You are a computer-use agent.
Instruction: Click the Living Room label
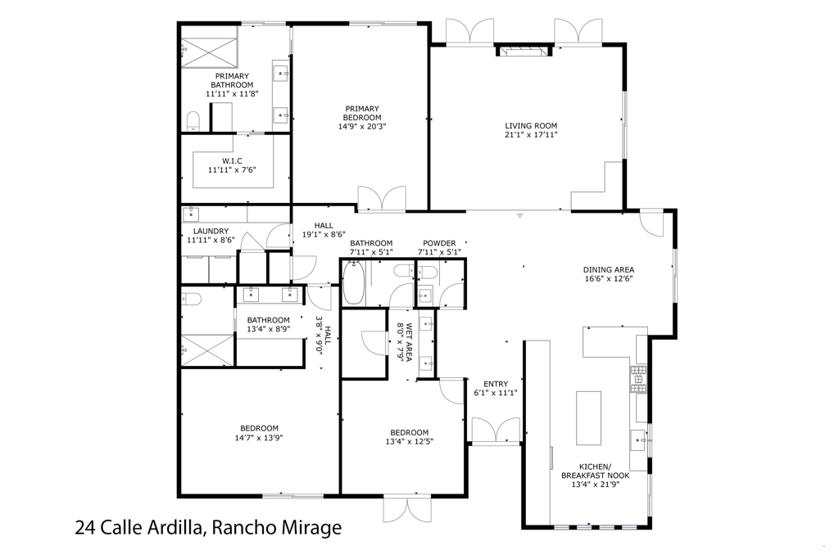(x=531, y=126)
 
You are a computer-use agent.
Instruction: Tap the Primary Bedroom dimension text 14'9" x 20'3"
(x=361, y=127)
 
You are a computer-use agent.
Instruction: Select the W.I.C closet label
(x=232, y=160)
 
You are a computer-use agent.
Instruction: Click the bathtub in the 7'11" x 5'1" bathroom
(x=354, y=284)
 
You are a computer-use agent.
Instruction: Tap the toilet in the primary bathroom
(x=193, y=122)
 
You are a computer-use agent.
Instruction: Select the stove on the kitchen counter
(x=638, y=377)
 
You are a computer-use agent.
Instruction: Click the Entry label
(x=496, y=384)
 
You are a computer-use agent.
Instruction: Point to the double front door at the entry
(x=496, y=431)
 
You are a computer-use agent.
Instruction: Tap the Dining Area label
(x=609, y=269)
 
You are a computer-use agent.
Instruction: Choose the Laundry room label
(x=211, y=232)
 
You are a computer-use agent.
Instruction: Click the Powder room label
(x=439, y=243)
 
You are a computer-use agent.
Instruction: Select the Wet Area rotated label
(x=405, y=340)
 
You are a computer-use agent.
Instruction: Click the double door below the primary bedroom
(x=381, y=200)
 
